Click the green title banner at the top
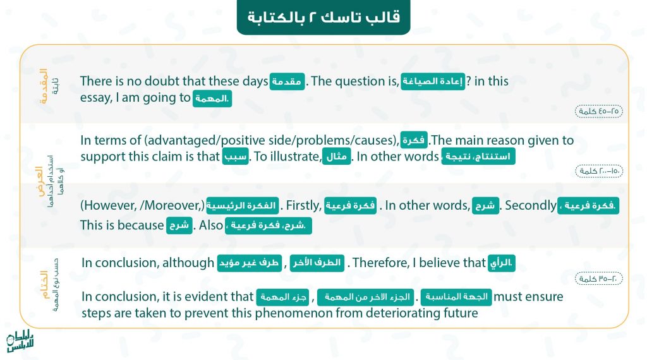pos(323,17)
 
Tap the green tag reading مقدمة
pos(287,81)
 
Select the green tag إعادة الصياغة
pos(433,81)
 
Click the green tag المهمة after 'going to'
pos(212,99)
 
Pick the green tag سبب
pos(236,157)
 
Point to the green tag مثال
pos(337,157)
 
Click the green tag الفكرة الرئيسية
pos(243,206)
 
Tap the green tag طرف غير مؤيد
pos(249,263)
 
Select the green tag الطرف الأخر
pos(317,263)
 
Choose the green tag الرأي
pos(501,263)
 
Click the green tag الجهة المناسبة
pos(456,297)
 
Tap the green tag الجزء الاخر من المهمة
pos(366,297)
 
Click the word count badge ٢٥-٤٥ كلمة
pos(599,111)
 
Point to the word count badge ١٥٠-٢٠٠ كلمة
pos(599,171)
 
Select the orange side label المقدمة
pos(44,86)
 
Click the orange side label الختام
pos(44,285)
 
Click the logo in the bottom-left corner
pos(20,342)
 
